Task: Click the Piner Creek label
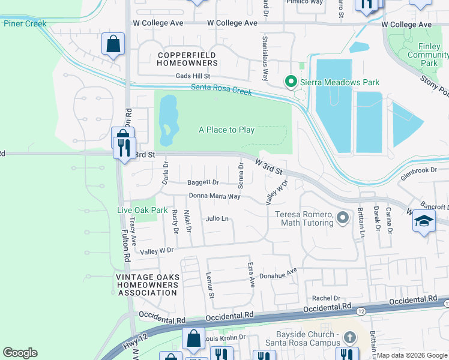coord(25,23)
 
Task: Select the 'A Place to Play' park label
coord(226,130)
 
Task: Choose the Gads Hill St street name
coord(193,76)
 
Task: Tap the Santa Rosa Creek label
coord(221,89)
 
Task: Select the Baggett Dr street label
coord(203,182)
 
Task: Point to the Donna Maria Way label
coord(214,196)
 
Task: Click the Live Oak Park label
coord(142,210)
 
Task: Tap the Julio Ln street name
coord(217,219)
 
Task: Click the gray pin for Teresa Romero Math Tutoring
coord(342,217)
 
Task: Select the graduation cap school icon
coord(423,221)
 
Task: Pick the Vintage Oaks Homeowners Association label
coord(147,285)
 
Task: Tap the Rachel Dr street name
coord(326,298)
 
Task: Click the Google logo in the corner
coord(20,353)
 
